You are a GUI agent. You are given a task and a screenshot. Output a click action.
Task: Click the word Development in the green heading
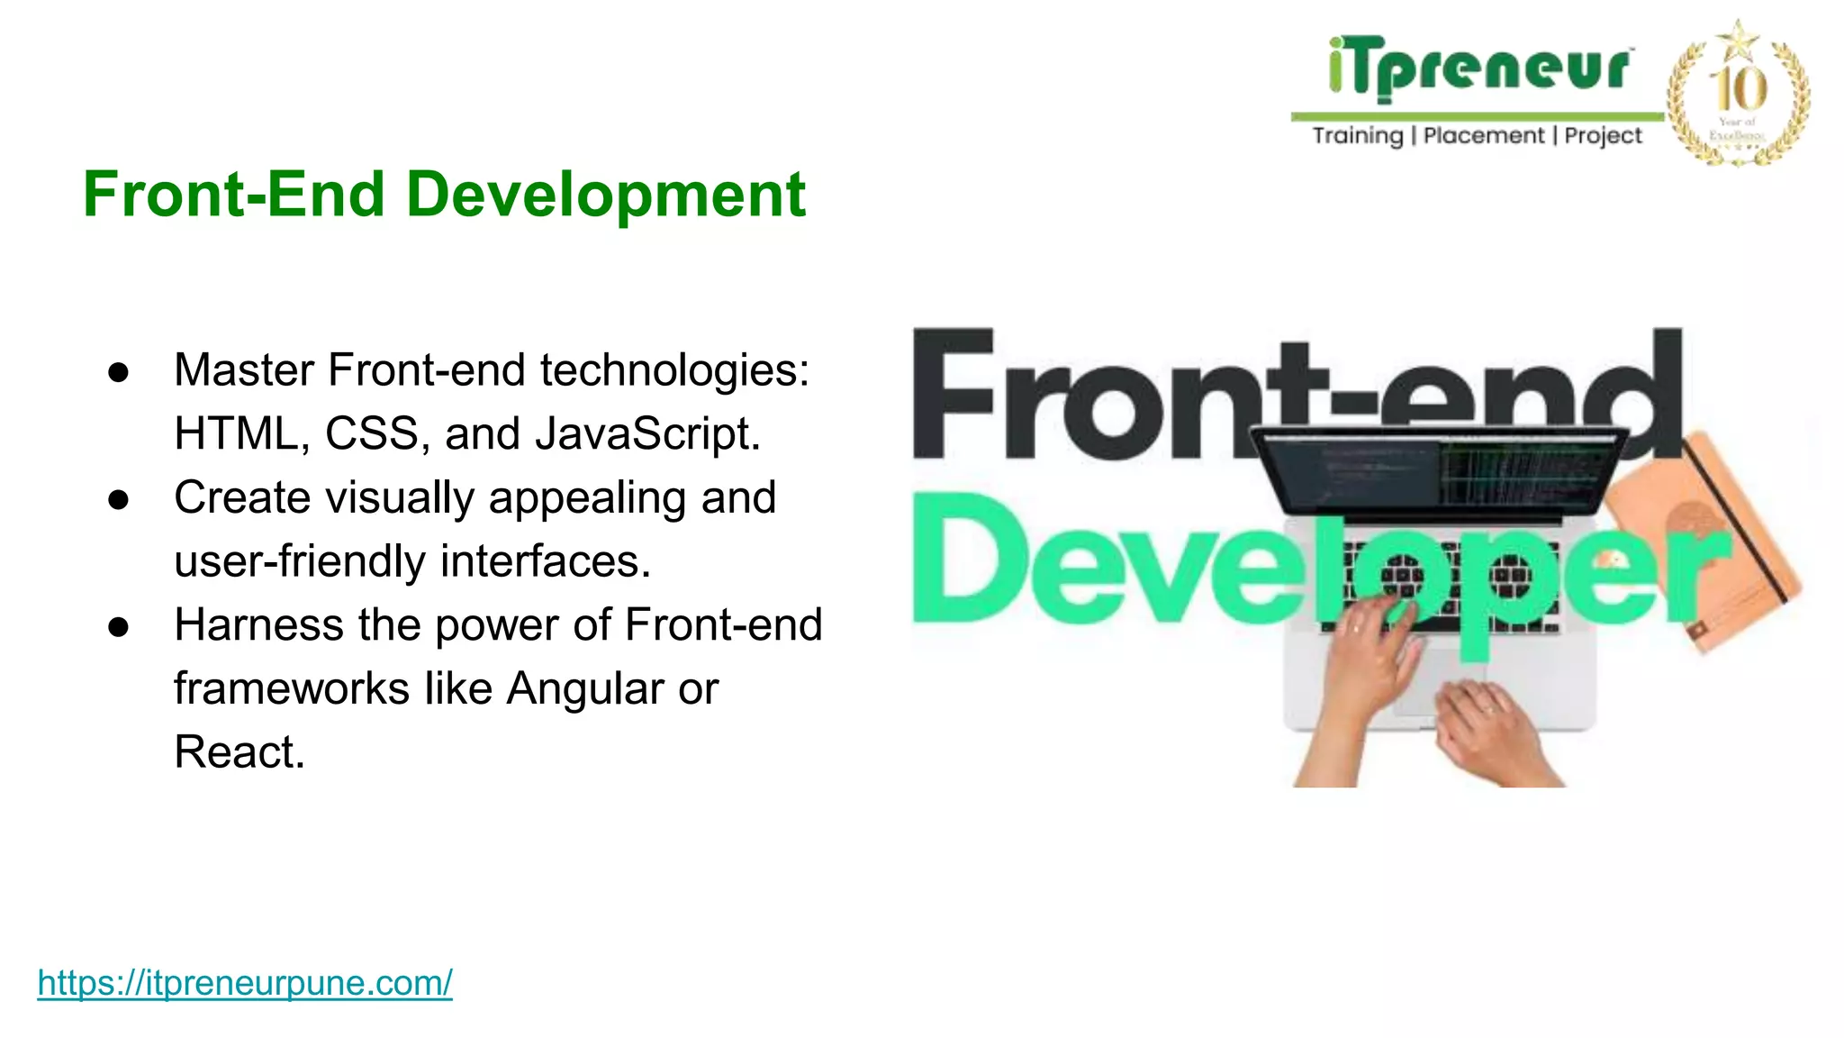(x=605, y=195)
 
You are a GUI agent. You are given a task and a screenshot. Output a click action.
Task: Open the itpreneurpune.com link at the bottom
(x=245, y=982)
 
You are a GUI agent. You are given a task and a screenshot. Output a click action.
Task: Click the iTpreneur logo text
(x=1478, y=67)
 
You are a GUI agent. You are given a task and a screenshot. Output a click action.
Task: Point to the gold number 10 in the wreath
(x=1739, y=88)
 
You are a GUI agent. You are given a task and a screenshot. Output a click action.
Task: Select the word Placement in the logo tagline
(x=1483, y=136)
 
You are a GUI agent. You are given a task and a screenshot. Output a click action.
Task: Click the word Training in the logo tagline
(x=1357, y=136)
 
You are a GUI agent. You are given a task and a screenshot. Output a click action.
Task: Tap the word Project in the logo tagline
(x=1603, y=136)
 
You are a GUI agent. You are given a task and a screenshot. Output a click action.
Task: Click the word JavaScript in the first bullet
(x=647, y=433)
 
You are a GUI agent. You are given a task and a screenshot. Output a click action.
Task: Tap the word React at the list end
(x=239, y=751)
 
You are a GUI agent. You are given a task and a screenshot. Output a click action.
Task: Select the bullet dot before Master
(x=118, y=372)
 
